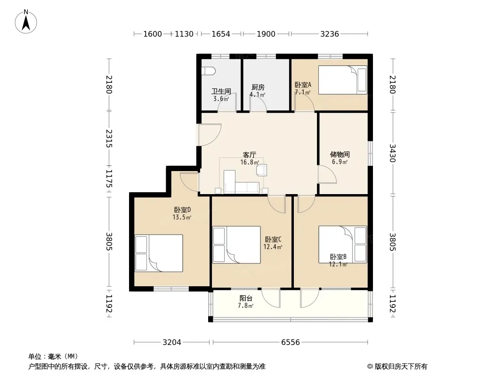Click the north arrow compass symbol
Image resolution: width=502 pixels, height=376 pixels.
(26, 22)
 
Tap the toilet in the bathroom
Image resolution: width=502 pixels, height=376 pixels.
(208, 71)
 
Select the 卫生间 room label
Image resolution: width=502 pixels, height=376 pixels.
(221, 91)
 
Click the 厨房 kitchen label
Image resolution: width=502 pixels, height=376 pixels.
(258, 87)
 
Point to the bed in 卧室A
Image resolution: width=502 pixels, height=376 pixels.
(342, 80)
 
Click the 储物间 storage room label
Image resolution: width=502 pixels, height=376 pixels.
(340, 155)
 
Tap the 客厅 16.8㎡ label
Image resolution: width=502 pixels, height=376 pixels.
(250, 158)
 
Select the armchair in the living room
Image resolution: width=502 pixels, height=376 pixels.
(261, 170)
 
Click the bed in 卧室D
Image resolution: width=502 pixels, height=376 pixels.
(159, 253)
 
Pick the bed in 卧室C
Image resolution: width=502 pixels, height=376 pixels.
(236, 245)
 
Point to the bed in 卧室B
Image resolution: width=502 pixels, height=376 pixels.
(342, 245)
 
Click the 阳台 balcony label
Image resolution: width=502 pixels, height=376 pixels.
(246, 298)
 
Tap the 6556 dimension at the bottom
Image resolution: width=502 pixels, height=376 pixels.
(291, 343)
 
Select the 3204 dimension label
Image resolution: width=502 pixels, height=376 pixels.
(172, 343)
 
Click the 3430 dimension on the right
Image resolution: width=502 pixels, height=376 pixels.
(392, 153)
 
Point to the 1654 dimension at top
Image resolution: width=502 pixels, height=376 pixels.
(221, 34)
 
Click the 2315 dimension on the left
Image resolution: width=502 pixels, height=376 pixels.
(109, 138)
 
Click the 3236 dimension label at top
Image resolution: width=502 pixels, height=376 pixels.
(330, 34)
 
